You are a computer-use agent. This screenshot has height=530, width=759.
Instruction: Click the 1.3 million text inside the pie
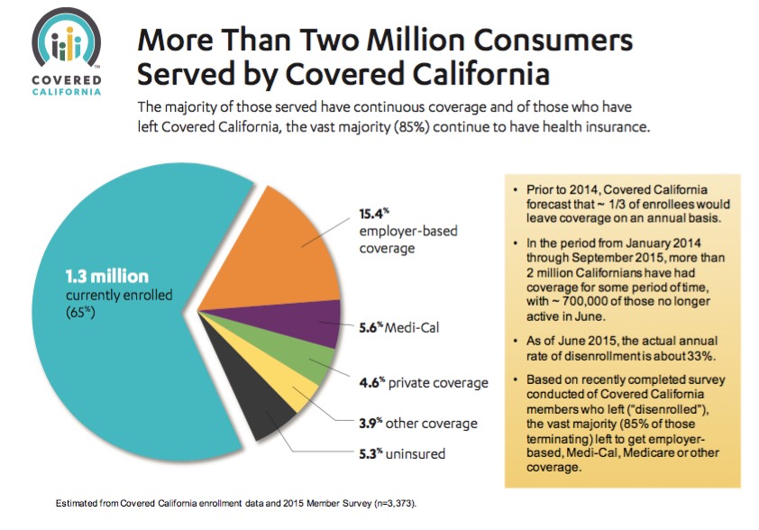coord(105,276)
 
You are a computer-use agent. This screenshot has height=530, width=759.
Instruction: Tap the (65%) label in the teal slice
coord(81,313)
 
